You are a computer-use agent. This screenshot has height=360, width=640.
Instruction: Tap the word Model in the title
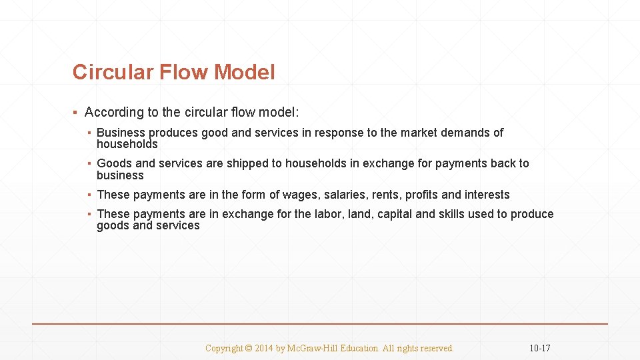tap(244, 72)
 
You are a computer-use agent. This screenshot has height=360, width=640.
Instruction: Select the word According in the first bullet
tap(114, 113)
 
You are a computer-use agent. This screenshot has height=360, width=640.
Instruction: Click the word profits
tap(422, 195)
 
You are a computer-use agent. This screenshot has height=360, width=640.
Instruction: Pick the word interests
tap(486, 195)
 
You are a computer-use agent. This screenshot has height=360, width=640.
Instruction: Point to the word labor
tap(328, 214)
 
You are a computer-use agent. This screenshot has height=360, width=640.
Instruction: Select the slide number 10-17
tap(539, 348)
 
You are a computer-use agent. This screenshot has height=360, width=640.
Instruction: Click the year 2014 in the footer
tap(264, 348)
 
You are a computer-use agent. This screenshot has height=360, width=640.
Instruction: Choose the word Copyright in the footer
tap(224, 348)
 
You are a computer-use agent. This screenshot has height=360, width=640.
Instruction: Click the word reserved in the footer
tap(435, 348)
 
